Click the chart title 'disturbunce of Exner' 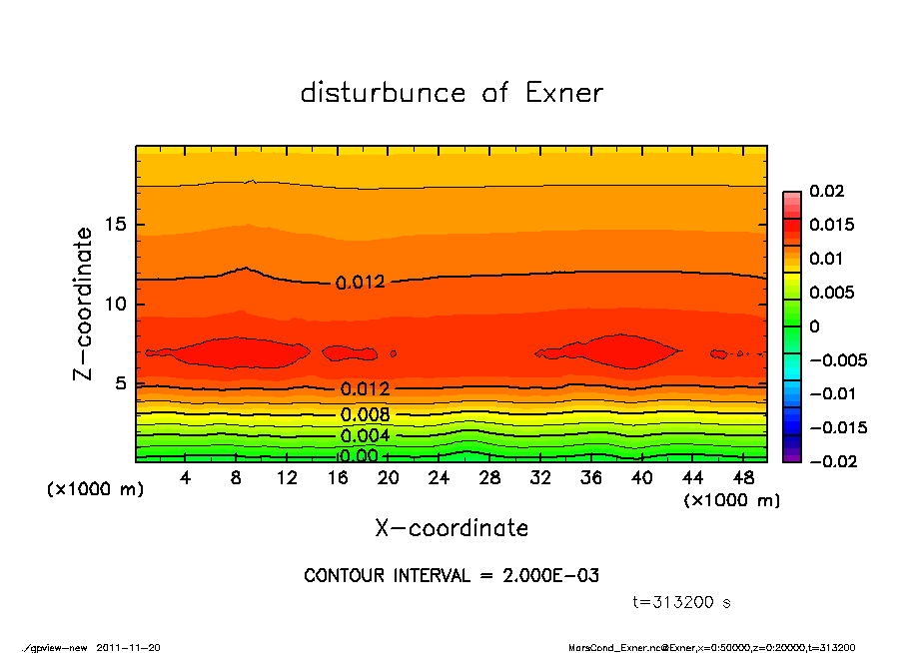451,94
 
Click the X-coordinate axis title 451,527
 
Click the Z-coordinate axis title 84,303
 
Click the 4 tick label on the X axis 186,478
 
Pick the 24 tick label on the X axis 440,478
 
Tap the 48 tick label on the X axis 743,478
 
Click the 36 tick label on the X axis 591,478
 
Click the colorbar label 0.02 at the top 826,191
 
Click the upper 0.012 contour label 361,283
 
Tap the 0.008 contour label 365,415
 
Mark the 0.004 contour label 365,436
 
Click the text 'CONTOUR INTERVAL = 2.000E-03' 451,576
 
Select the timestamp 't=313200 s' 682,603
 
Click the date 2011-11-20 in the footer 129,647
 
